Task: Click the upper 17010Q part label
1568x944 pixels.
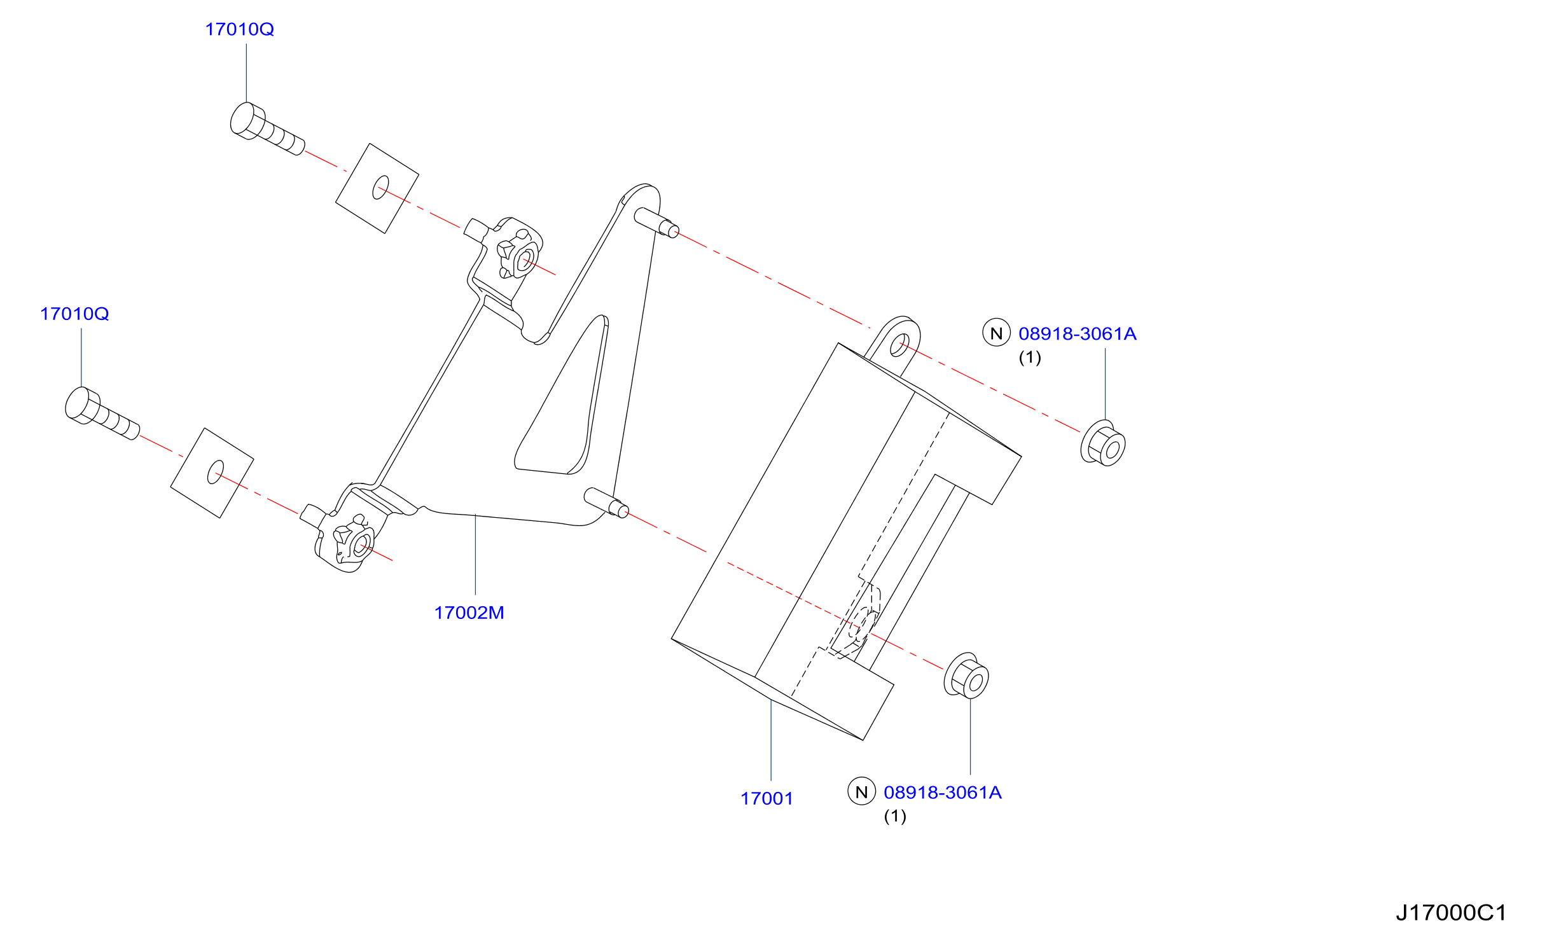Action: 239,29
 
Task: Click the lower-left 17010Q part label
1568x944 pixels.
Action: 74,314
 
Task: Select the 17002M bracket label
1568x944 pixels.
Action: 469,613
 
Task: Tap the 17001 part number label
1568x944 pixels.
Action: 767,798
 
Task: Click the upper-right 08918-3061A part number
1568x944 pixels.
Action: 1077,333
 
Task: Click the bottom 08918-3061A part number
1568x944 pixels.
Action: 942,792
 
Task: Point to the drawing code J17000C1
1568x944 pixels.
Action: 1451,913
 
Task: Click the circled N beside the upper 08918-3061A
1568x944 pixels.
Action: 996,333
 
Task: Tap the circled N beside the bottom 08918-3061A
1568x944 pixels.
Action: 861,791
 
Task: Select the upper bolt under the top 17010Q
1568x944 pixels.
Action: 267,128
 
